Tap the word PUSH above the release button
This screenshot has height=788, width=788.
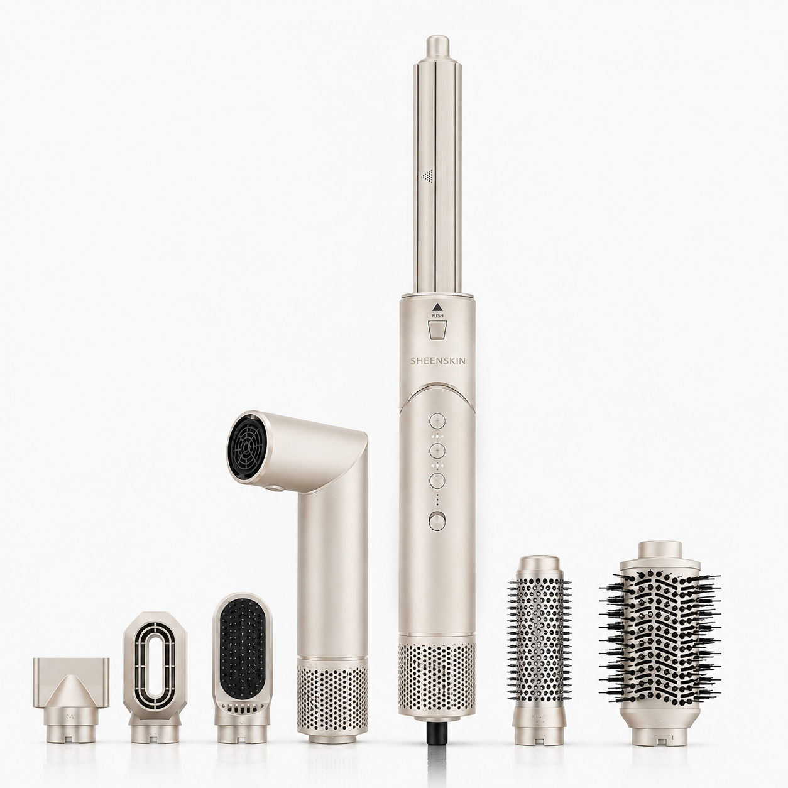437,315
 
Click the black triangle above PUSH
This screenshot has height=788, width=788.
437,306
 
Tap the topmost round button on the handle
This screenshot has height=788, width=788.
436,420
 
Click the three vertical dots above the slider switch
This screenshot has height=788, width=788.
436,498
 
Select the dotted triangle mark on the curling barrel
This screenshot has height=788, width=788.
427,176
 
